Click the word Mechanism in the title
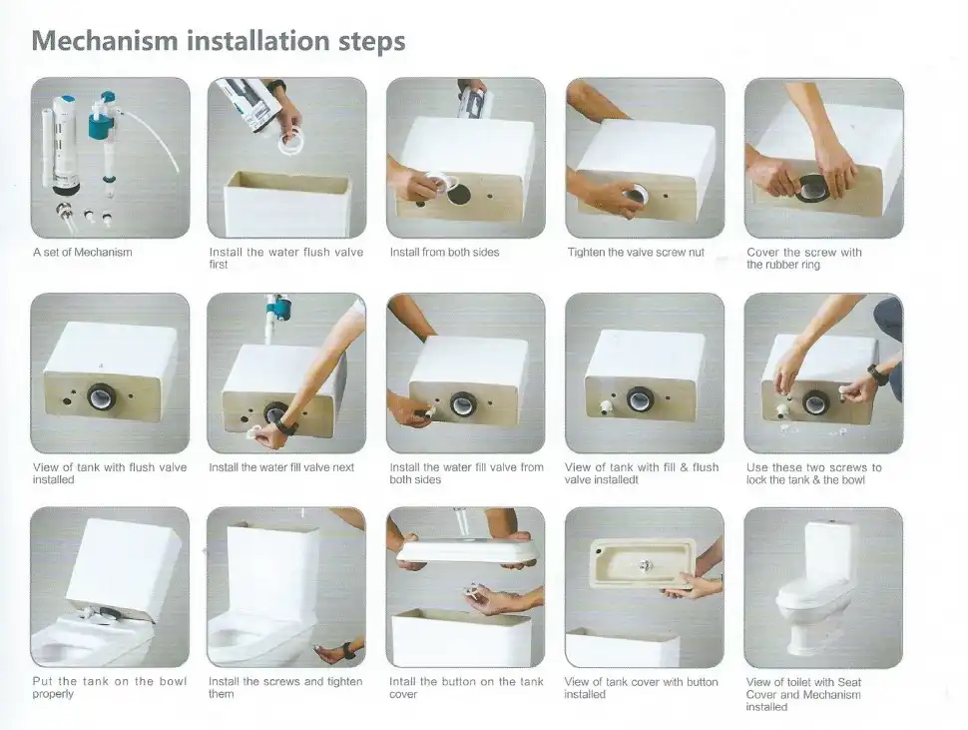pyautogui.click(x=105, y=41)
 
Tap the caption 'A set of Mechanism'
pyautogui.click(x=83, y=252)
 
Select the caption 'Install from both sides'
pyautogui.click(x=444, y=252)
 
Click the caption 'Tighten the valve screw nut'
pyautogui.click(x=636, y=252)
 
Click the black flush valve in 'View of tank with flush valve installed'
pyautogui.click(x=103, y=395)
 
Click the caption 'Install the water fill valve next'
pyautogui.click(x=281, y=467)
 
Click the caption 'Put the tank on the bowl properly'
pyautogui.click(x=109, y=687)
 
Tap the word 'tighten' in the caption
pyautogui.click(x=344, y=681)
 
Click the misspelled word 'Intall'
pyautogui.click(x=403, y=681)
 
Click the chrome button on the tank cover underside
pyautogui.click(x=645, y=564)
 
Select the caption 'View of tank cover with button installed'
pyautogui.click(x=641, y=688)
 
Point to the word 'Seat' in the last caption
pyautogui.click(x=849, y=682)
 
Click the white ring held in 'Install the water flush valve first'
pyautogui.click(x=290, y=145)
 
